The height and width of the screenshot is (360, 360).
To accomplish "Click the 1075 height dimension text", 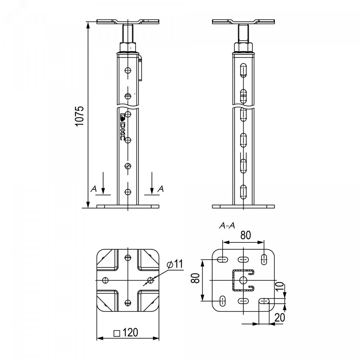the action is [x=80, y=116].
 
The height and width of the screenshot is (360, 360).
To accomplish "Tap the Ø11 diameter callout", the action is [x=175, y=264].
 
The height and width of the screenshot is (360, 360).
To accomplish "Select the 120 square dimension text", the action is [x=126, y=332].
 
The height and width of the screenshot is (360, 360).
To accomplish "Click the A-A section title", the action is [x=227, y=226].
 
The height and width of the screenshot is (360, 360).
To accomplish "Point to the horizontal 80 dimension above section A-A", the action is [x=245, y=235].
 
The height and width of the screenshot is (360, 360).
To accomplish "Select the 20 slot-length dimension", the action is [x=280, y=317].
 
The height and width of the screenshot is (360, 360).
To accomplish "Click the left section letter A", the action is [x=94, y=189].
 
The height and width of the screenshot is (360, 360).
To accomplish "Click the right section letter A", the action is [x=160, y=189].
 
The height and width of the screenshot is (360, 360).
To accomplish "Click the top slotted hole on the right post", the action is [x=243, y=70].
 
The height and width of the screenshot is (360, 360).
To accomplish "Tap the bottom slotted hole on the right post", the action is [x=243, y=192].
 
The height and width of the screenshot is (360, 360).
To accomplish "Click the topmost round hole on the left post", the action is [x=128, y=70].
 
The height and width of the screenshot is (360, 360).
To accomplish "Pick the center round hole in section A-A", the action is [x=243, y=280].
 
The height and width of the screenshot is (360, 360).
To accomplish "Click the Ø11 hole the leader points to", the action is [x=151, y=280].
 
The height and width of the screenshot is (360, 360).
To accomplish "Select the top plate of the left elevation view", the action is [x=128, y=22].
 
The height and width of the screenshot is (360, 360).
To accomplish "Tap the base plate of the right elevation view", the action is [x=243, y=206].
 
